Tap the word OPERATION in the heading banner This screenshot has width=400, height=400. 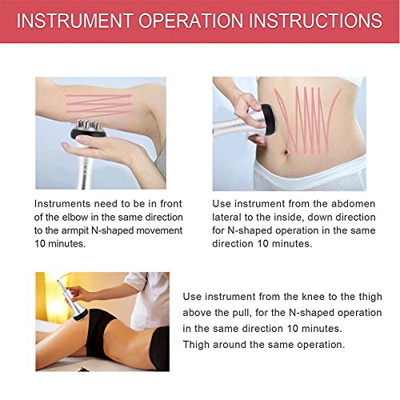[197, 21]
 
